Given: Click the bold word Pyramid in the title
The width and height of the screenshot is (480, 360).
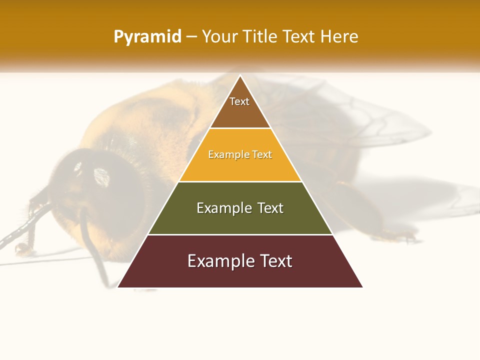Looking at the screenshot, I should (x=147, y=37).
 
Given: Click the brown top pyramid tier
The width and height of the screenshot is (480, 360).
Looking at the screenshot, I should (x=240, y=112).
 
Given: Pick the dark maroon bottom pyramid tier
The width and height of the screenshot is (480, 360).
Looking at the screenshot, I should (x=240, y=272).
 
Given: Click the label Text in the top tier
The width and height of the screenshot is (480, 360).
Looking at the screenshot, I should (x=239, y=101).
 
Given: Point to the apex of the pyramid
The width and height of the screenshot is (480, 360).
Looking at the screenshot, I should (x=240, y=76).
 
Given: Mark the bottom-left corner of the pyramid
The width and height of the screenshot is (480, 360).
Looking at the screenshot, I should (x=118, y=287).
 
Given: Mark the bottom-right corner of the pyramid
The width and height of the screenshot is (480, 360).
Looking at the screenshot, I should (x=362, y=287).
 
